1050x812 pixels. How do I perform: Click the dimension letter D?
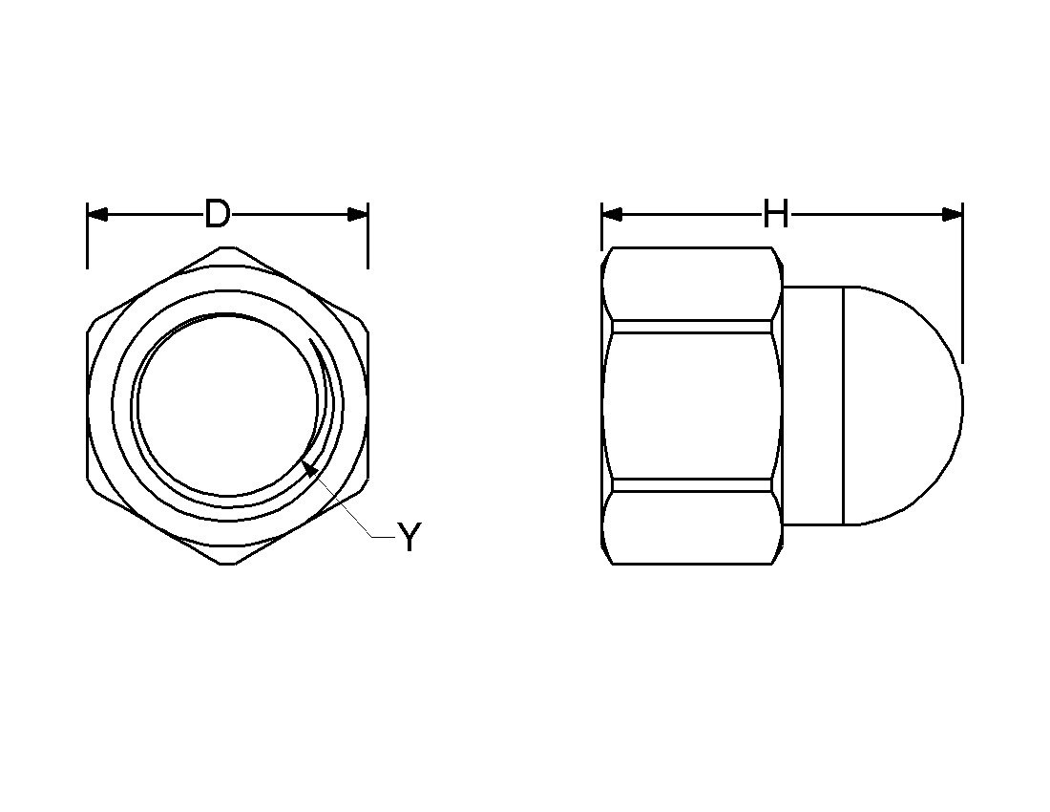218,214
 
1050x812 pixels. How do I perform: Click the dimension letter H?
775,215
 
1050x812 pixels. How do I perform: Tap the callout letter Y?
409,539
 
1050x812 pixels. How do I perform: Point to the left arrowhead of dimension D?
96,214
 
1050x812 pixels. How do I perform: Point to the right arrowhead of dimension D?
358,214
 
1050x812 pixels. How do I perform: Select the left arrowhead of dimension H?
611,214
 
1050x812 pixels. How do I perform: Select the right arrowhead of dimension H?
953,214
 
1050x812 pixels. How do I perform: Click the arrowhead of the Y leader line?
308,467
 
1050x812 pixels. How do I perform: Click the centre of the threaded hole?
227,405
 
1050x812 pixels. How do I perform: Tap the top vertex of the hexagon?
227,247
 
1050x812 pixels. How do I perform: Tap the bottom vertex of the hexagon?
227,564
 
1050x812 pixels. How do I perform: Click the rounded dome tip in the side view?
959,405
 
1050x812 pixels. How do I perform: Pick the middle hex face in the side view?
692,405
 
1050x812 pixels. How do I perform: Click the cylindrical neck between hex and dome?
812,405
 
